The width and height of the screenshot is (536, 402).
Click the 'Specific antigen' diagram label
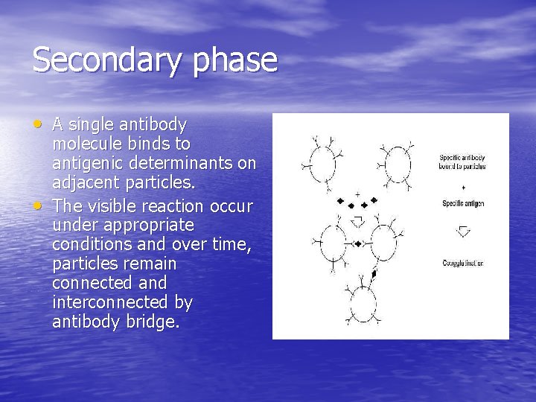pyautogui.click(x=463, y=204)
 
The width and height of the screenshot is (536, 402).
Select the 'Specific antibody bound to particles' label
pyautogui.click(x=462, y=162)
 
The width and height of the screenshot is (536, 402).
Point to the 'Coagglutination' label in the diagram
pyautogui.click(x=463, y=264)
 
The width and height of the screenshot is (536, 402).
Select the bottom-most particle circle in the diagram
pyautogui.click(x=363, y=303)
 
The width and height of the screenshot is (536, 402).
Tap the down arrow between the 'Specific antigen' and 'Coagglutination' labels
pyautogui.click(x=463, y=232)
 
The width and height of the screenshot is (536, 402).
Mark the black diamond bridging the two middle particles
pyautogui.click(x=358, y=244)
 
